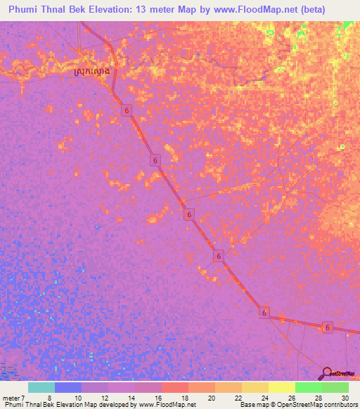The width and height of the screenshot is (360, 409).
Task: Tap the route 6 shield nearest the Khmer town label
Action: [126, 111]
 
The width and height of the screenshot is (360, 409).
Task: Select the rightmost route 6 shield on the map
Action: [327, 327]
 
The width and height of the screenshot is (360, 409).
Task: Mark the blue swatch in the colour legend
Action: [68, 387]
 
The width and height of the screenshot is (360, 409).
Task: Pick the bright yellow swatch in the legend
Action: [282, 387]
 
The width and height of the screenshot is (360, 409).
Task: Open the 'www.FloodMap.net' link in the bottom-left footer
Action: [167, 404]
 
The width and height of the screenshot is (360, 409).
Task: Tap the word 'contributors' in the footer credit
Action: [338, 404]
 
